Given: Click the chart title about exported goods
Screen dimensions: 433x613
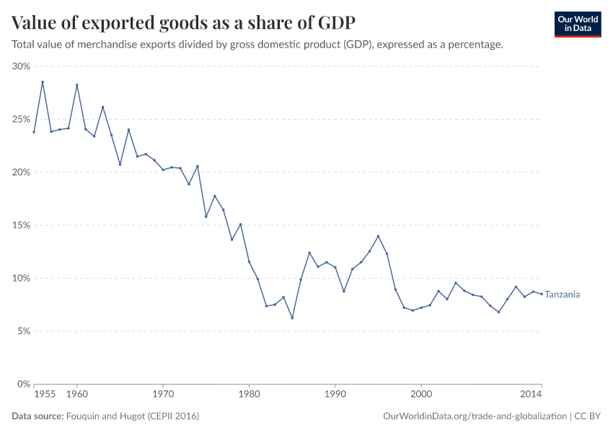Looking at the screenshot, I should pyautogui.click(x=183, y=22).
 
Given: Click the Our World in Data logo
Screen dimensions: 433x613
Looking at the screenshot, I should pyautogui.click(x=577, y=24).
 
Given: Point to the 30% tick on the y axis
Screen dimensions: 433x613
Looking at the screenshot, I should pyautogui.click(x=20, y=66).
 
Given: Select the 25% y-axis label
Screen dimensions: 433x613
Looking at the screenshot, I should pyautogui.click(x=20, y=119).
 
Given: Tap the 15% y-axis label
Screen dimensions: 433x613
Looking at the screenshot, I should pyautogui.click(x=20, y=225).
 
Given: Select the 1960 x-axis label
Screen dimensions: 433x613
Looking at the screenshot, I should pyautogui.click(x=76, y=395).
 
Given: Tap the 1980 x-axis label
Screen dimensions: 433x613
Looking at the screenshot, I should pyautogui.click(x=249, y=395).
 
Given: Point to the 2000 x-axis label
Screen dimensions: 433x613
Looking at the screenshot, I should pyautogui.click(x=421, y=395).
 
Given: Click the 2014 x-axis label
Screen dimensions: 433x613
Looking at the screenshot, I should pyautogui.click(x=532, y=395).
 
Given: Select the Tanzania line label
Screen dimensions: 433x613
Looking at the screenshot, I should pyautogui.click(x=563, y=294).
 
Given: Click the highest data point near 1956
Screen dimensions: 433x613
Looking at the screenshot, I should pyautogui.click(x=43, y=82).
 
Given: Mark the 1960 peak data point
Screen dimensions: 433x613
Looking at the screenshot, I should pyautogui.click(x=76, y=85).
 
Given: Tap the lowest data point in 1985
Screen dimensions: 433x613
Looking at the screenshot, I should pyautogui.click(x=292, y=318).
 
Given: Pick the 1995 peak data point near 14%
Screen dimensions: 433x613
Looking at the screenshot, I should pyautogui.click(x=378, y=236).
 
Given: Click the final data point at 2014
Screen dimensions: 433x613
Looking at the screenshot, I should pyautogui.click(x=542, y=294).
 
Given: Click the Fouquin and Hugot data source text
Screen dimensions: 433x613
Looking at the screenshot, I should pyautogui.click(x=132, y=416).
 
